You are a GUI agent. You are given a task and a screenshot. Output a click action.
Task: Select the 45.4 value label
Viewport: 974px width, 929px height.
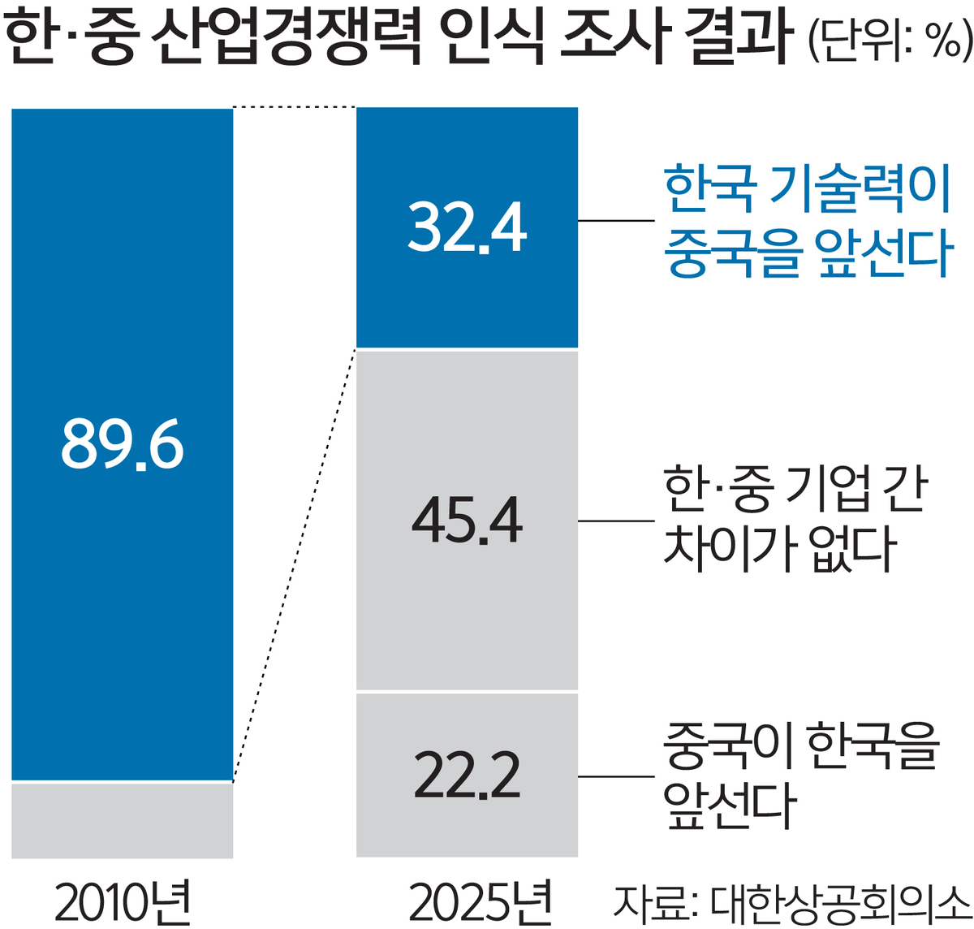click(467, 521)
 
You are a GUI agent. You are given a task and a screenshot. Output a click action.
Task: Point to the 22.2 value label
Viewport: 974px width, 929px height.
click(467, 776)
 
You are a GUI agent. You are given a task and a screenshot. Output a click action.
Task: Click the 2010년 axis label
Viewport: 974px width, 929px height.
click(123, 901)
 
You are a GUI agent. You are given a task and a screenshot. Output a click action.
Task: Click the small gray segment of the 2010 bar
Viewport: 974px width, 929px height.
click(123, 820)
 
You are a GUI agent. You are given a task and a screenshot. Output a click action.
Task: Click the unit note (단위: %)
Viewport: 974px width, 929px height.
click(890, 39)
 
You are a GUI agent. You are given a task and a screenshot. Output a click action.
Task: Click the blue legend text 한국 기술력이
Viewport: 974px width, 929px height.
click(807, 188)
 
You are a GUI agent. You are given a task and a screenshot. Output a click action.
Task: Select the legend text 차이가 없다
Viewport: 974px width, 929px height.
click(779, 549)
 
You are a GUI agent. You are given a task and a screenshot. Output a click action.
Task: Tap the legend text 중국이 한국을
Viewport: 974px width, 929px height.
click(800, 745)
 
